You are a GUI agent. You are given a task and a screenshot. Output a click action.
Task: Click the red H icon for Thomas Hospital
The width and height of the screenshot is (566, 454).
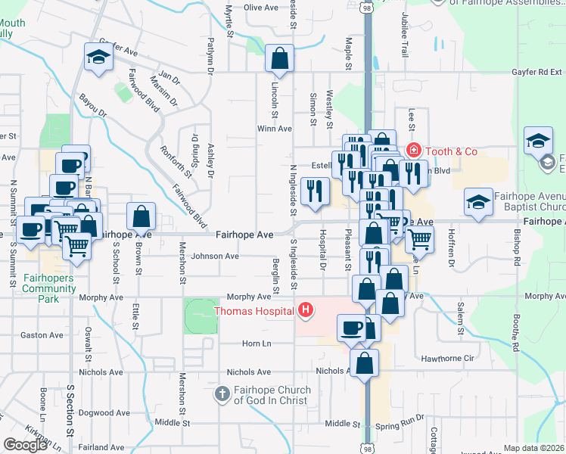pos(306,309)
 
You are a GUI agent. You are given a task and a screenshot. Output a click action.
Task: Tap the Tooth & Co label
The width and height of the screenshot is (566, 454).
pos(450,151)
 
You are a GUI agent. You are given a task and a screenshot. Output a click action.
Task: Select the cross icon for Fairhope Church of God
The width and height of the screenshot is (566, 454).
pos(222,394)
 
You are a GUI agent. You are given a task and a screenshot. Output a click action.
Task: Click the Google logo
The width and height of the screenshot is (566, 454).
pos(25,445)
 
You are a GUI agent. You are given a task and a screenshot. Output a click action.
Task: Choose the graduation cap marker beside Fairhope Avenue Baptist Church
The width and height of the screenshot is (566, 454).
pos(478,202)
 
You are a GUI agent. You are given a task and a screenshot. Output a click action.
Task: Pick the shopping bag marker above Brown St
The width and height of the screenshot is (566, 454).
pos(141,216)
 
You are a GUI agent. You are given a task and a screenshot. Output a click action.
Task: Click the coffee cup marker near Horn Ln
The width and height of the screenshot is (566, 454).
pos(351,328)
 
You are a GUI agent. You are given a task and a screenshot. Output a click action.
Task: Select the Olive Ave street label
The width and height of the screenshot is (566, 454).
pos(262,8)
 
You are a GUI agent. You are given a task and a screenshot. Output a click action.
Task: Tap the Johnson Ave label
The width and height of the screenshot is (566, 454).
pos(214,256)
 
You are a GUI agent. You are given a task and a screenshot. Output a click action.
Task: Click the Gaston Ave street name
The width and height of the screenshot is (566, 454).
pos(42,334)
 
